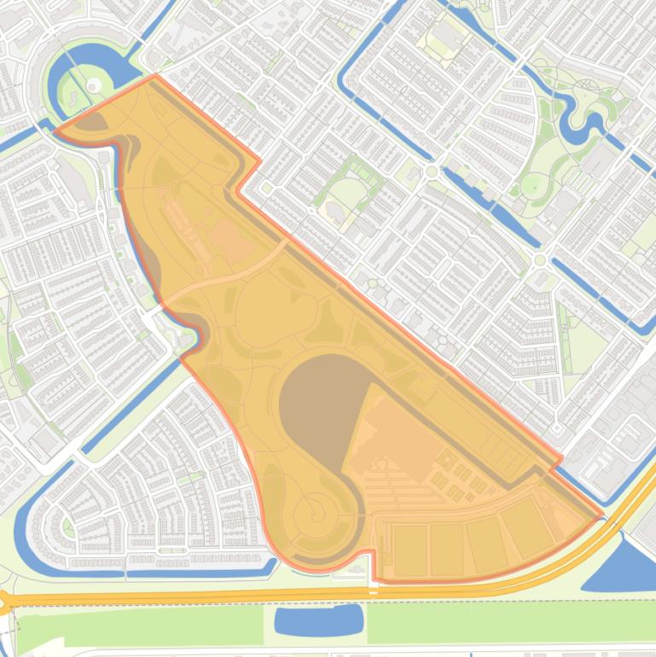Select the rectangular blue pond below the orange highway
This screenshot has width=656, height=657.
pos(318,619)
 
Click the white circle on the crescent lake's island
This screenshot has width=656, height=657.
pos(91,84)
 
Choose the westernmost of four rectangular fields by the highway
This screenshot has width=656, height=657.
pos(409,549)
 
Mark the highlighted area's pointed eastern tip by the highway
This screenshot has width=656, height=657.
pos(601,516)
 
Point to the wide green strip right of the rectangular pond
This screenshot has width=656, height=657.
pos(512,622)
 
